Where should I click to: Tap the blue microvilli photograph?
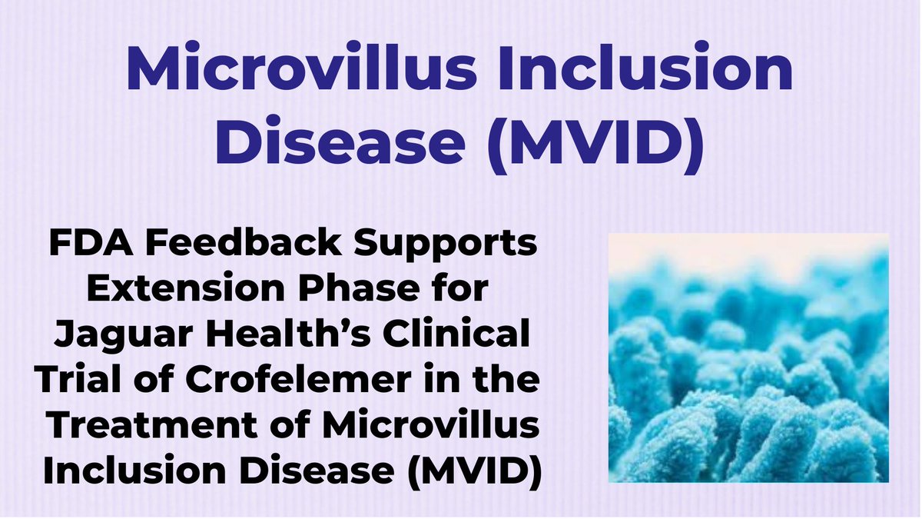(x=748, y=358)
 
